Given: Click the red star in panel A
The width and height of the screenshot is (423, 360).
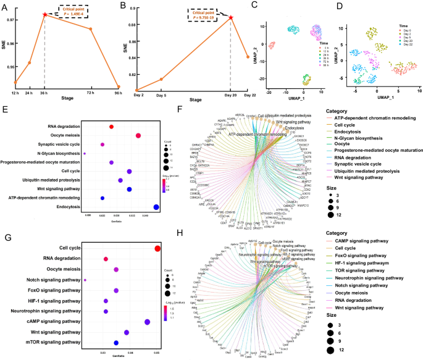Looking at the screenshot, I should pos(45,14).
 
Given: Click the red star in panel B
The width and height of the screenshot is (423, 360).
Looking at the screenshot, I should pos(231,17).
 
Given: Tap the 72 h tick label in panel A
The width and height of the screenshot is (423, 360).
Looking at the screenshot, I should pos(91,93).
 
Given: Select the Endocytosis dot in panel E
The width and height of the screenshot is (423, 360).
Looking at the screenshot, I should pos(156,207).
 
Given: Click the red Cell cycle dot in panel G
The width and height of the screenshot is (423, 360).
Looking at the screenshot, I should pos(157,248).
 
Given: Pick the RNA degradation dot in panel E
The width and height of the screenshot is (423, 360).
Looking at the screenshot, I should pos(111,127).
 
